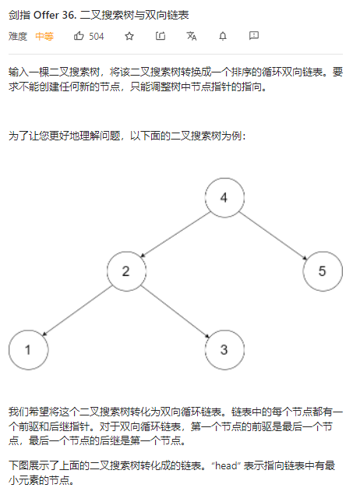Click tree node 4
[x=224, y=198]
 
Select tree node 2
[x=126, y=271]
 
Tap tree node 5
[x=323, y=271]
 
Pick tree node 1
[x=28, y=350]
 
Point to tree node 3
[x=224, y=350]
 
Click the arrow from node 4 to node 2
[x=175, y=235]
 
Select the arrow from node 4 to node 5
[x=273, y=235]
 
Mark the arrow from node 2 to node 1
[x=77, y=310]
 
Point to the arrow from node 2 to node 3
[x=175, y=312]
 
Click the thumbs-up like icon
[x=79, y=36]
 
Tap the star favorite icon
[x=129, y=37]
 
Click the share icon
[x=161, y=36]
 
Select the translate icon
[x=192, y=36]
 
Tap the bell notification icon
[x=223, y=37]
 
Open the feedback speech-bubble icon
[x=254, y=36]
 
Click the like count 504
[x=96, y=37]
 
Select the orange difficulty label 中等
[x=44, y=37]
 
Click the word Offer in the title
[x=46, y=15]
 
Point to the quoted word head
[x=226, y=465]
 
